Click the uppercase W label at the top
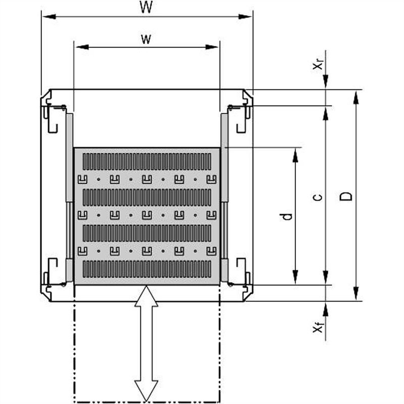[146, 9]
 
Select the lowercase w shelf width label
[146, 40]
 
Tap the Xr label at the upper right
[318, 64]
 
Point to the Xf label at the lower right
[318, 328]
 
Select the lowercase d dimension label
[287, 216]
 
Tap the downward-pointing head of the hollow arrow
[146, 391]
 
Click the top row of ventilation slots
[146, 161]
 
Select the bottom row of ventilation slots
[146, 269]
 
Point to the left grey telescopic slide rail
[69, 197]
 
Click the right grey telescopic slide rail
[225, 197]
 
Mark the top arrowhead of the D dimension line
[357, 97]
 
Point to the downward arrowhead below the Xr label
[326, 82]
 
